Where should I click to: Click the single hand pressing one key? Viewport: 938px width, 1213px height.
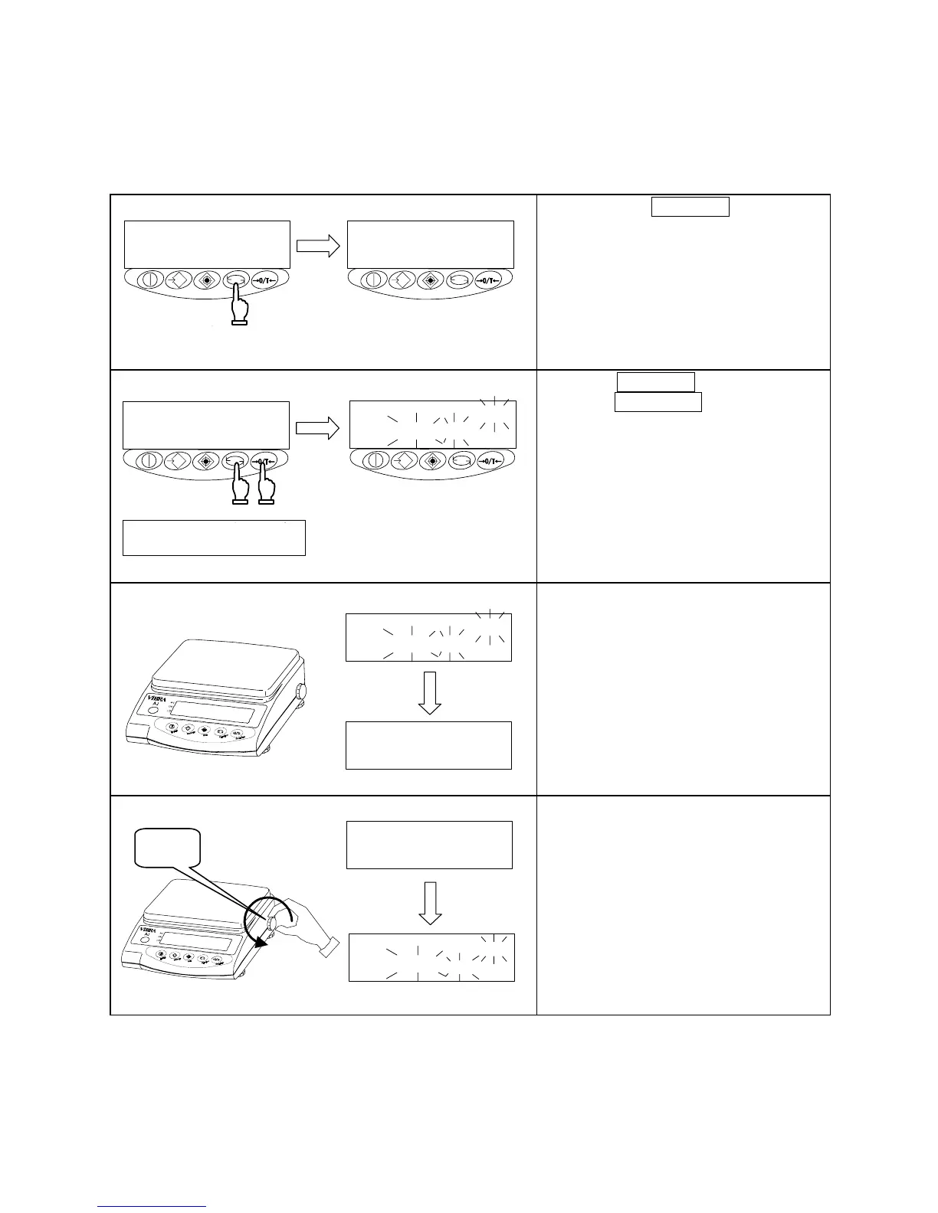click(240, 307)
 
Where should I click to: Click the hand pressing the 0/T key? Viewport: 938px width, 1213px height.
click(267, 490)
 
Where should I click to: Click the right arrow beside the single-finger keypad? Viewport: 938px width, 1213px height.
click(318, 246)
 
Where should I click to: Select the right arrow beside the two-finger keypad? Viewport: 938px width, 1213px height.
click(317, 430)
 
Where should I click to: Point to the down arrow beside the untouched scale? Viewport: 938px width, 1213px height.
click(429, 692)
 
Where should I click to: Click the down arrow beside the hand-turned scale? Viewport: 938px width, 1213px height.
click(430, 903)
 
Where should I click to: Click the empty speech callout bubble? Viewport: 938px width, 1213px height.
click(167, 847)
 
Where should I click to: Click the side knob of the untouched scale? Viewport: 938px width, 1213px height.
click(301, 692)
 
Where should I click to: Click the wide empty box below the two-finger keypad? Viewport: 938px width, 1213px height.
click(214, 538)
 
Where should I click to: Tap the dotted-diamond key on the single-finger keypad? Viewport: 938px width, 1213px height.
click(205, 280)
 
